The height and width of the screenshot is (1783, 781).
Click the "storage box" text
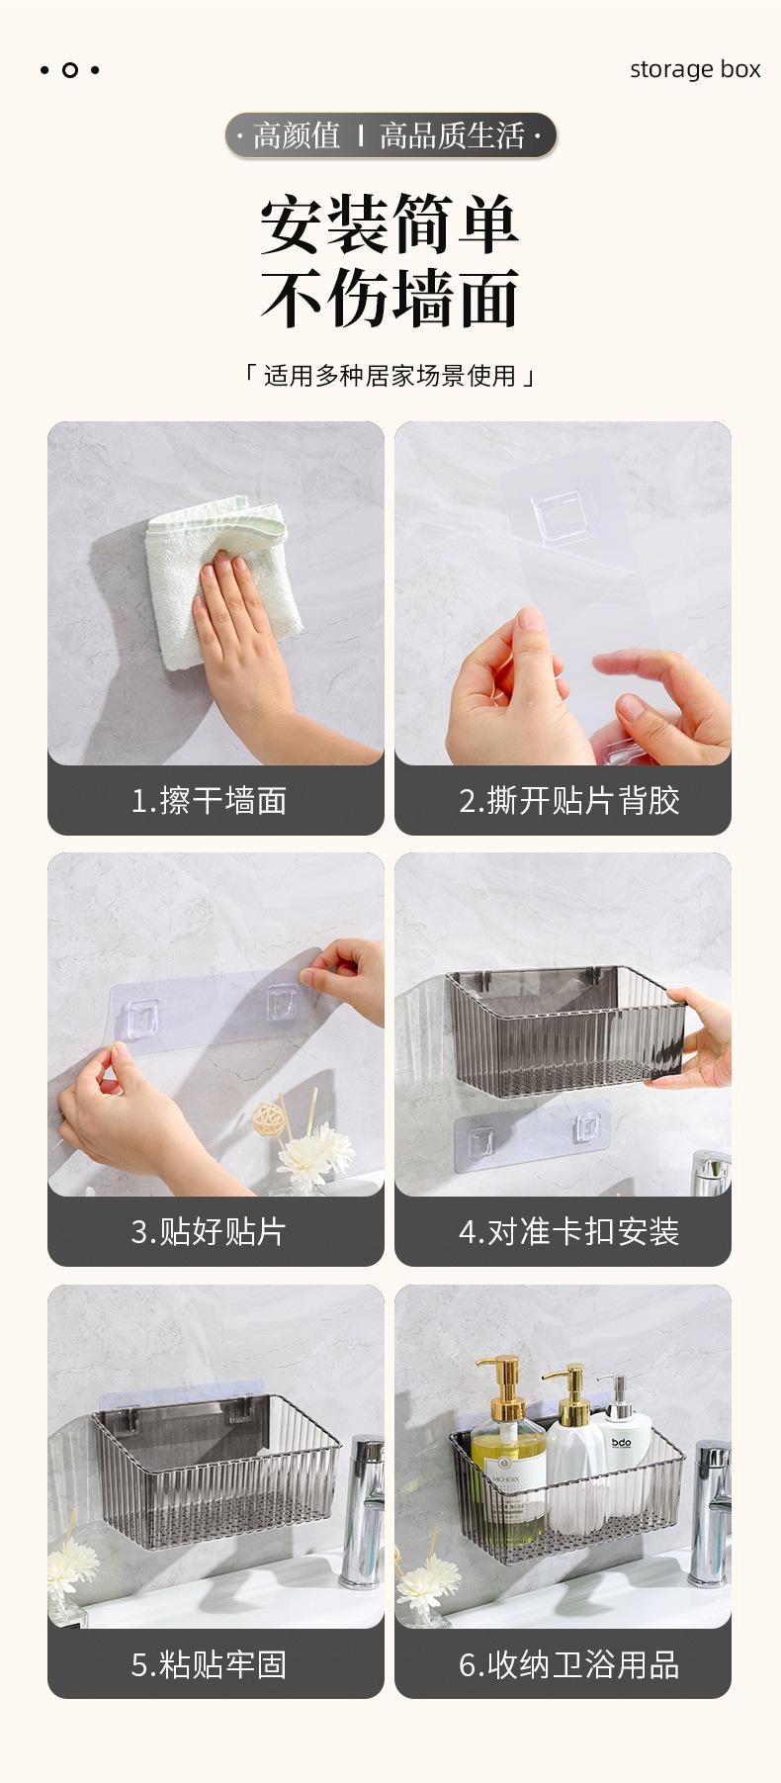[695, 69]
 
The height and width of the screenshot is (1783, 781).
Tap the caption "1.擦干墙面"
[209, 800]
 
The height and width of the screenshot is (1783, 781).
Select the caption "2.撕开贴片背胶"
[569, 800]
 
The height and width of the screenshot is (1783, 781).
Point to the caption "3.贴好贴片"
[209, 1231]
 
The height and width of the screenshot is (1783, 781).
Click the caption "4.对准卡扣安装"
[569, 1231]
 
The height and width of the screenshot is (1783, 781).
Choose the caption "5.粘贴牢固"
[209, 1664]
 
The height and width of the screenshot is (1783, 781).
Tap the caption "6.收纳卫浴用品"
[569, 1664]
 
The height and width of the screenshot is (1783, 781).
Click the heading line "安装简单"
[390, 224]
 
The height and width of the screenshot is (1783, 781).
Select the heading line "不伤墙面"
[390, 298]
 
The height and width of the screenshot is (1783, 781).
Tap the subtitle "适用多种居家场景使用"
[390, 376]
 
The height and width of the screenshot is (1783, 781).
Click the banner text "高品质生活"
[452, 135]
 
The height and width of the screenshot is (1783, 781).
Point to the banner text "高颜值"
[296, 135]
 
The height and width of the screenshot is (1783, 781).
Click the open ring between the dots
[70, 70]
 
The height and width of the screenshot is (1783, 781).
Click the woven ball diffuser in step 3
[267, 1118]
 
